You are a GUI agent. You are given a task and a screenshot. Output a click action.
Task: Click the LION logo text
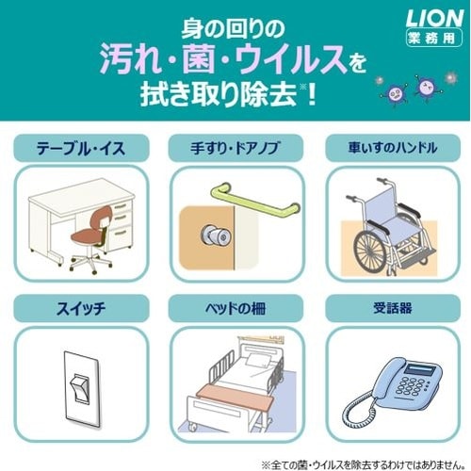click(434, 18)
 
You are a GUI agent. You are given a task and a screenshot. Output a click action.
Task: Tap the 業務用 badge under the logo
click(434, 38)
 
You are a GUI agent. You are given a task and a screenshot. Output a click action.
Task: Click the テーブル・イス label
click(81, 148)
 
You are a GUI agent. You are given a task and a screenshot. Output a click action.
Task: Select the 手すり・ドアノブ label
click(235, 148)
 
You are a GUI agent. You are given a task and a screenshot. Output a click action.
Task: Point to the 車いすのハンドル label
click(393, 148)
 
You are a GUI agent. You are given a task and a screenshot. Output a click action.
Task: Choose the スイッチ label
click(81, 308)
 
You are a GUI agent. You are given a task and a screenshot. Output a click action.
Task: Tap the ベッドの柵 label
click(235, 308)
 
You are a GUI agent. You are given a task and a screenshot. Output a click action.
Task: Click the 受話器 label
click(393, 308)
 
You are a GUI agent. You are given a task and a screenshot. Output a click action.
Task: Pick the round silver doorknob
click(216, 235)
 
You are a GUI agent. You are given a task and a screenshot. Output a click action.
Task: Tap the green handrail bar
click(255, 201)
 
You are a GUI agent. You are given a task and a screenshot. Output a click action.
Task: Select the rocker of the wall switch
click(79, 389)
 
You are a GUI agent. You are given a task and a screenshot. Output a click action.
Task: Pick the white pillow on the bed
click(259, 361)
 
